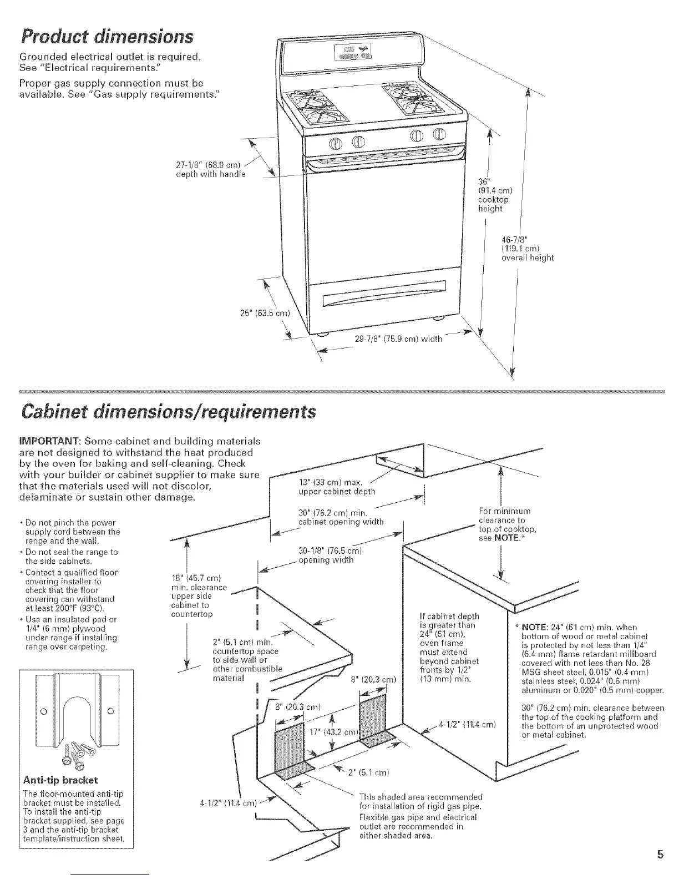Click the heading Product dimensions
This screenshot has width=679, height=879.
[107, 37]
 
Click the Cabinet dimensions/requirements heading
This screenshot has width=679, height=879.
[168, 412]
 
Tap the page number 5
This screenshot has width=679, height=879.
[660, 853]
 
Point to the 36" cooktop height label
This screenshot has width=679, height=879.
[493, 195]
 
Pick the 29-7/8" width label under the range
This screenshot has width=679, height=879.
[398, 339]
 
